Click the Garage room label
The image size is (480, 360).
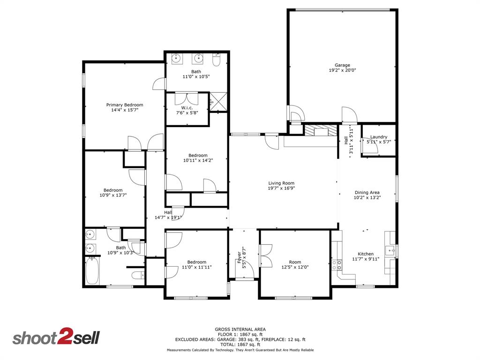[x=342, y=65]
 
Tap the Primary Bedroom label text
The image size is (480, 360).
[x=124, y=105]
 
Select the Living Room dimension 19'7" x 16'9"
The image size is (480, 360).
[x=281, y=188]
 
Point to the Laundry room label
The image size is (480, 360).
[x=379, y=137]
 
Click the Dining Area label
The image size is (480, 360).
[x=367, y=192]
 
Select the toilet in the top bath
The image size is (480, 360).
[x=217, y=60]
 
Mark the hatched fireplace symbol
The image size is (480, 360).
[x=321, y=130]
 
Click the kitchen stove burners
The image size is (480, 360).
[x=337, y=266]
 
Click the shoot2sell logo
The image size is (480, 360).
[x=56, y=338]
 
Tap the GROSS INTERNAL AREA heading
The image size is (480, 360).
[x=240, y=329]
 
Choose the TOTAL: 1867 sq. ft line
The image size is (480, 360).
[x=240, y=344]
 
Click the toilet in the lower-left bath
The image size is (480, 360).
[x=137, y=276]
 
